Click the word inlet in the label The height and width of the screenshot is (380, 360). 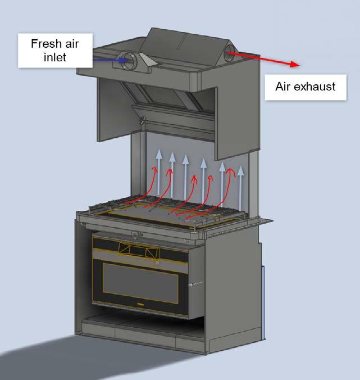[x=48, y=57]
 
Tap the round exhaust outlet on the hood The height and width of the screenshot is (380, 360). [x=231, y=54]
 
